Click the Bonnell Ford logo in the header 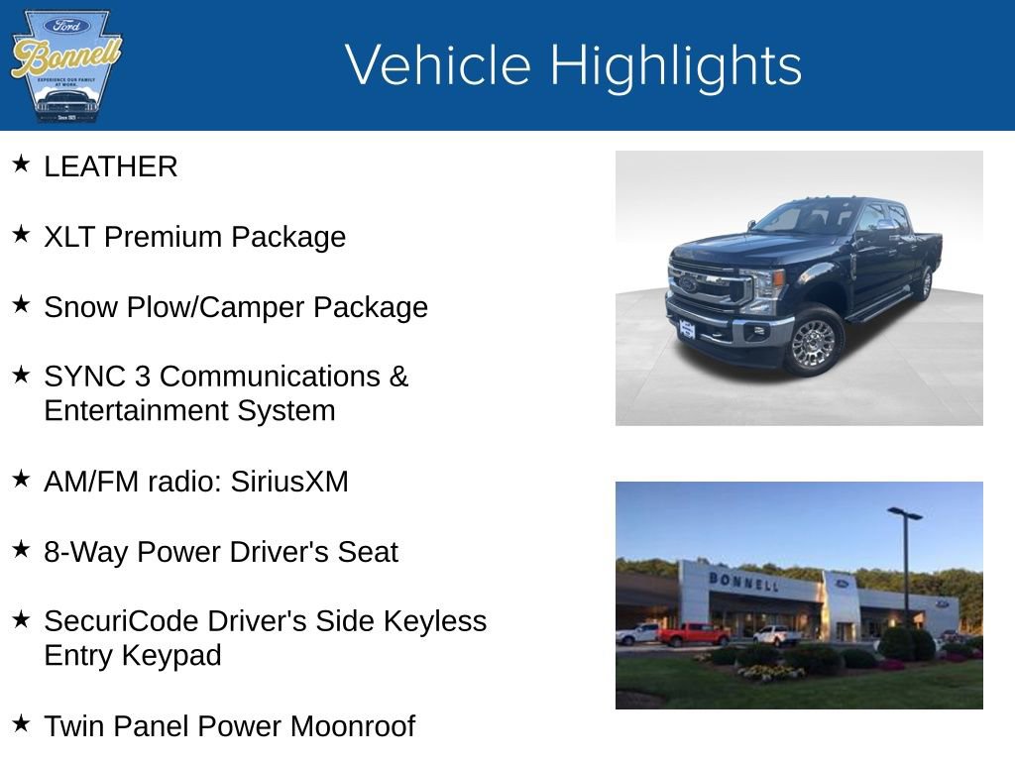65,65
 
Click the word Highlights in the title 675,65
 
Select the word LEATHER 110,167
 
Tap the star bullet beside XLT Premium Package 22,235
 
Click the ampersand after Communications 398,377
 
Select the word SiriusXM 289,483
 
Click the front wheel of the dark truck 813,340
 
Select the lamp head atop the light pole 904,513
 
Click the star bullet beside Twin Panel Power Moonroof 22,724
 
